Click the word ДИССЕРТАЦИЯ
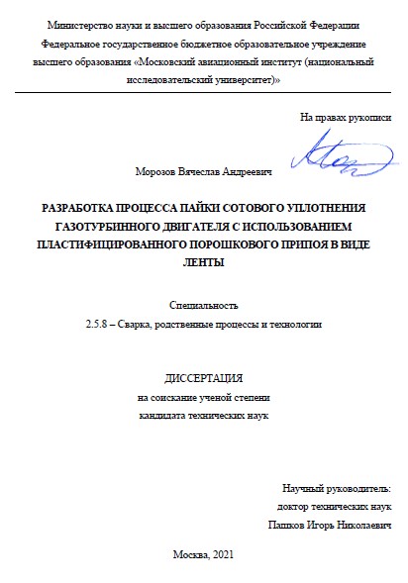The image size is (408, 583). click(x=202, y=378)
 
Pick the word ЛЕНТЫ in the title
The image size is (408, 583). click(x=204, y=262)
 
